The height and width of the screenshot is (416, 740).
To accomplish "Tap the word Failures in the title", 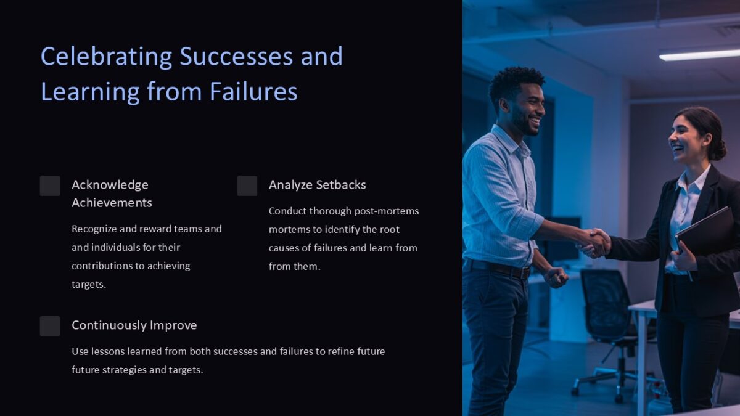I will click(253, 92).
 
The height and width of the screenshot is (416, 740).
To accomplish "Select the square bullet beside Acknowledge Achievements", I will click(50, 186).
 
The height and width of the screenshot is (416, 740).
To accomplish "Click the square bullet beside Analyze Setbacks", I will click(247, 186).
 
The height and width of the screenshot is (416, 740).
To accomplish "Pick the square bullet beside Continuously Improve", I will click(50, 326).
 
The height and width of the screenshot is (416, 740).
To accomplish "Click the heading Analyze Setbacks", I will click(317, 185).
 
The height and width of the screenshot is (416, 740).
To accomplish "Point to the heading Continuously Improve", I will click(134, 325).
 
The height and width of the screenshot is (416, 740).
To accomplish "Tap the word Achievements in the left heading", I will click(112, 203).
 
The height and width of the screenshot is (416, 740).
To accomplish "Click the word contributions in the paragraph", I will click(101, 266).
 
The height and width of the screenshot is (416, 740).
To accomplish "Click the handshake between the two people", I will click(593, 242).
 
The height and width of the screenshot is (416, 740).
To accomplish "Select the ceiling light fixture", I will click(699, 54).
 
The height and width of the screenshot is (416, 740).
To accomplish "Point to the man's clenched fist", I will click(556, 277).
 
